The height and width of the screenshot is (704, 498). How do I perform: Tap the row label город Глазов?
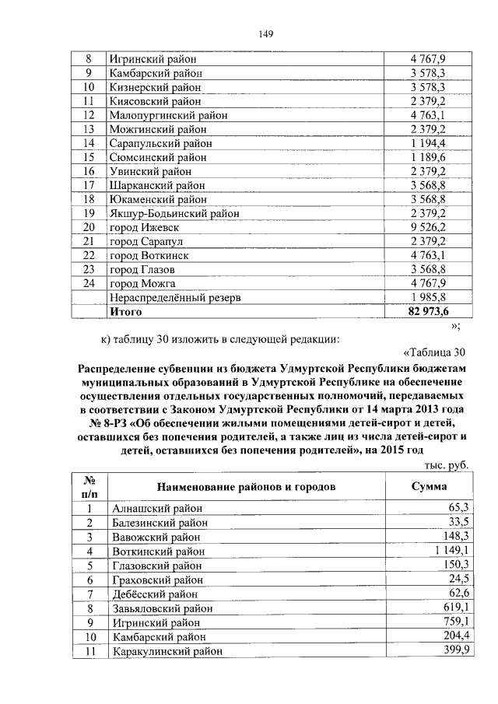coord(142,269)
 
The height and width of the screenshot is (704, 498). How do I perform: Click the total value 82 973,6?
coord(426,311)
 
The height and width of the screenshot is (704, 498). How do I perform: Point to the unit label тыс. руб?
coord(445,464)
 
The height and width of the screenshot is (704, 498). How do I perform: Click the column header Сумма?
coord(428,486)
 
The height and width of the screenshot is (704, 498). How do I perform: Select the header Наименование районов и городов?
coord(247,486)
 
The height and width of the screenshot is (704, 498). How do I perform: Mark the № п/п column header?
coord(89,486)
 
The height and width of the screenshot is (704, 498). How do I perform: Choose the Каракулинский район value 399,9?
coord(454,650)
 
